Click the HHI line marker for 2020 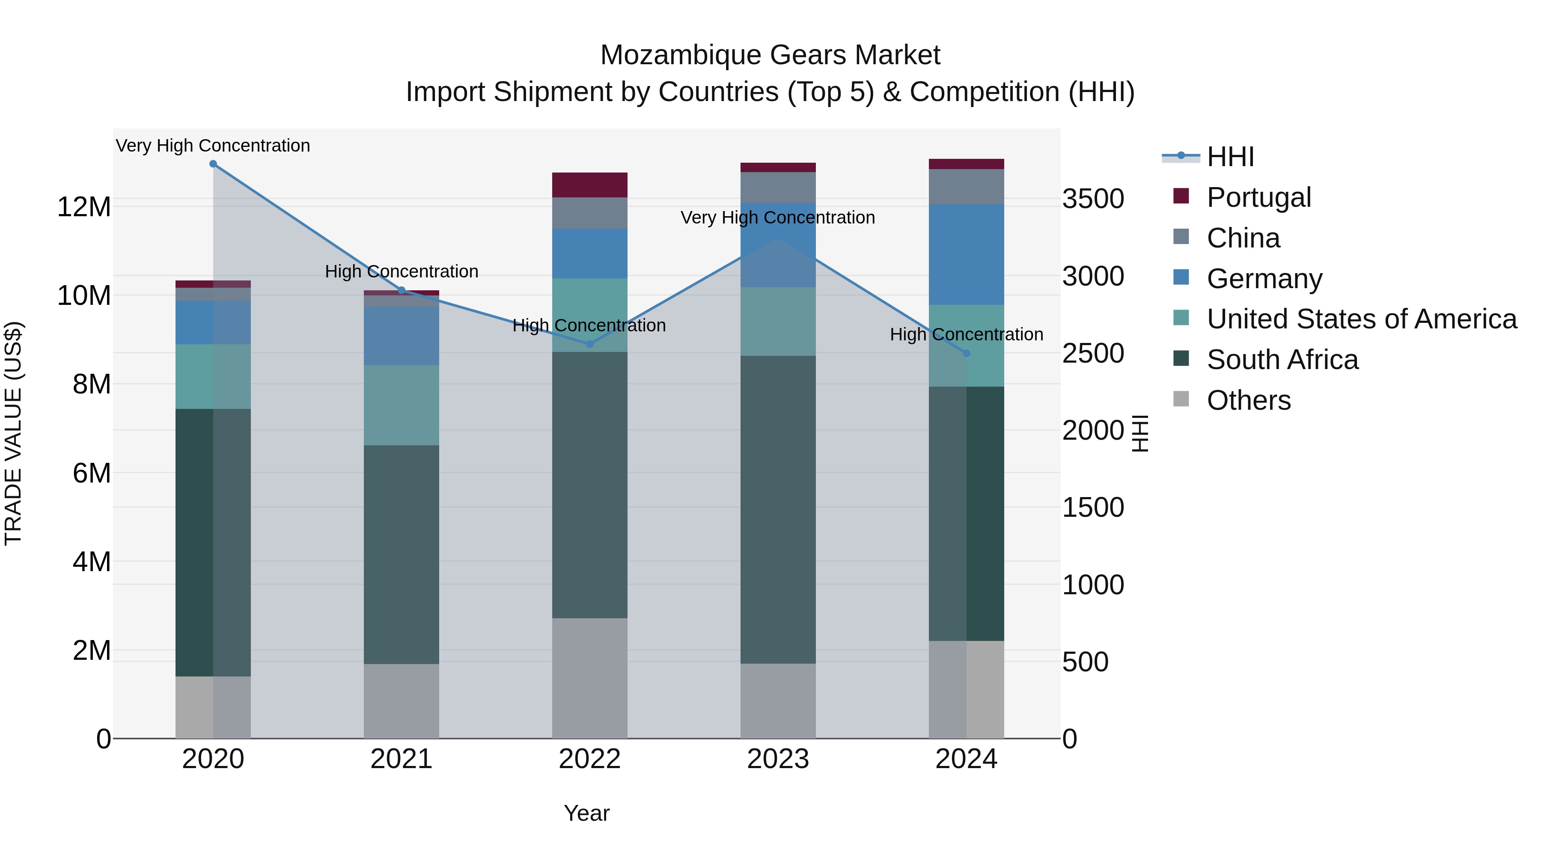click(213, 164)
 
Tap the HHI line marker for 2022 click(589, 344)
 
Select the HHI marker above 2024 click(966, 354)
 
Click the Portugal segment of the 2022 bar click(589, 185)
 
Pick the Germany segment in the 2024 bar click(966, 254)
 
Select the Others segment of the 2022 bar click(589, 678)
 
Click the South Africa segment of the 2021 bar click(402, 554)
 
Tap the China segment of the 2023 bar click(778, 187)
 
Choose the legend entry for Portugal click(1258, 197)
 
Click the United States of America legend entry click(1361, 319)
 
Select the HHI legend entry click(1229, 157)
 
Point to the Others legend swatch click(1181, 399)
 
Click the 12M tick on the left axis click(84, 207)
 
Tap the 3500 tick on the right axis click(1093, 199)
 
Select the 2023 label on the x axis click(778, 759)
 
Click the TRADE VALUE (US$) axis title click(13, 433)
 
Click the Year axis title click(586, 813)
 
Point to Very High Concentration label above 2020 click(213, 146)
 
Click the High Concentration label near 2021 click(402, 271)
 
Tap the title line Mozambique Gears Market click(770, 55)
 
